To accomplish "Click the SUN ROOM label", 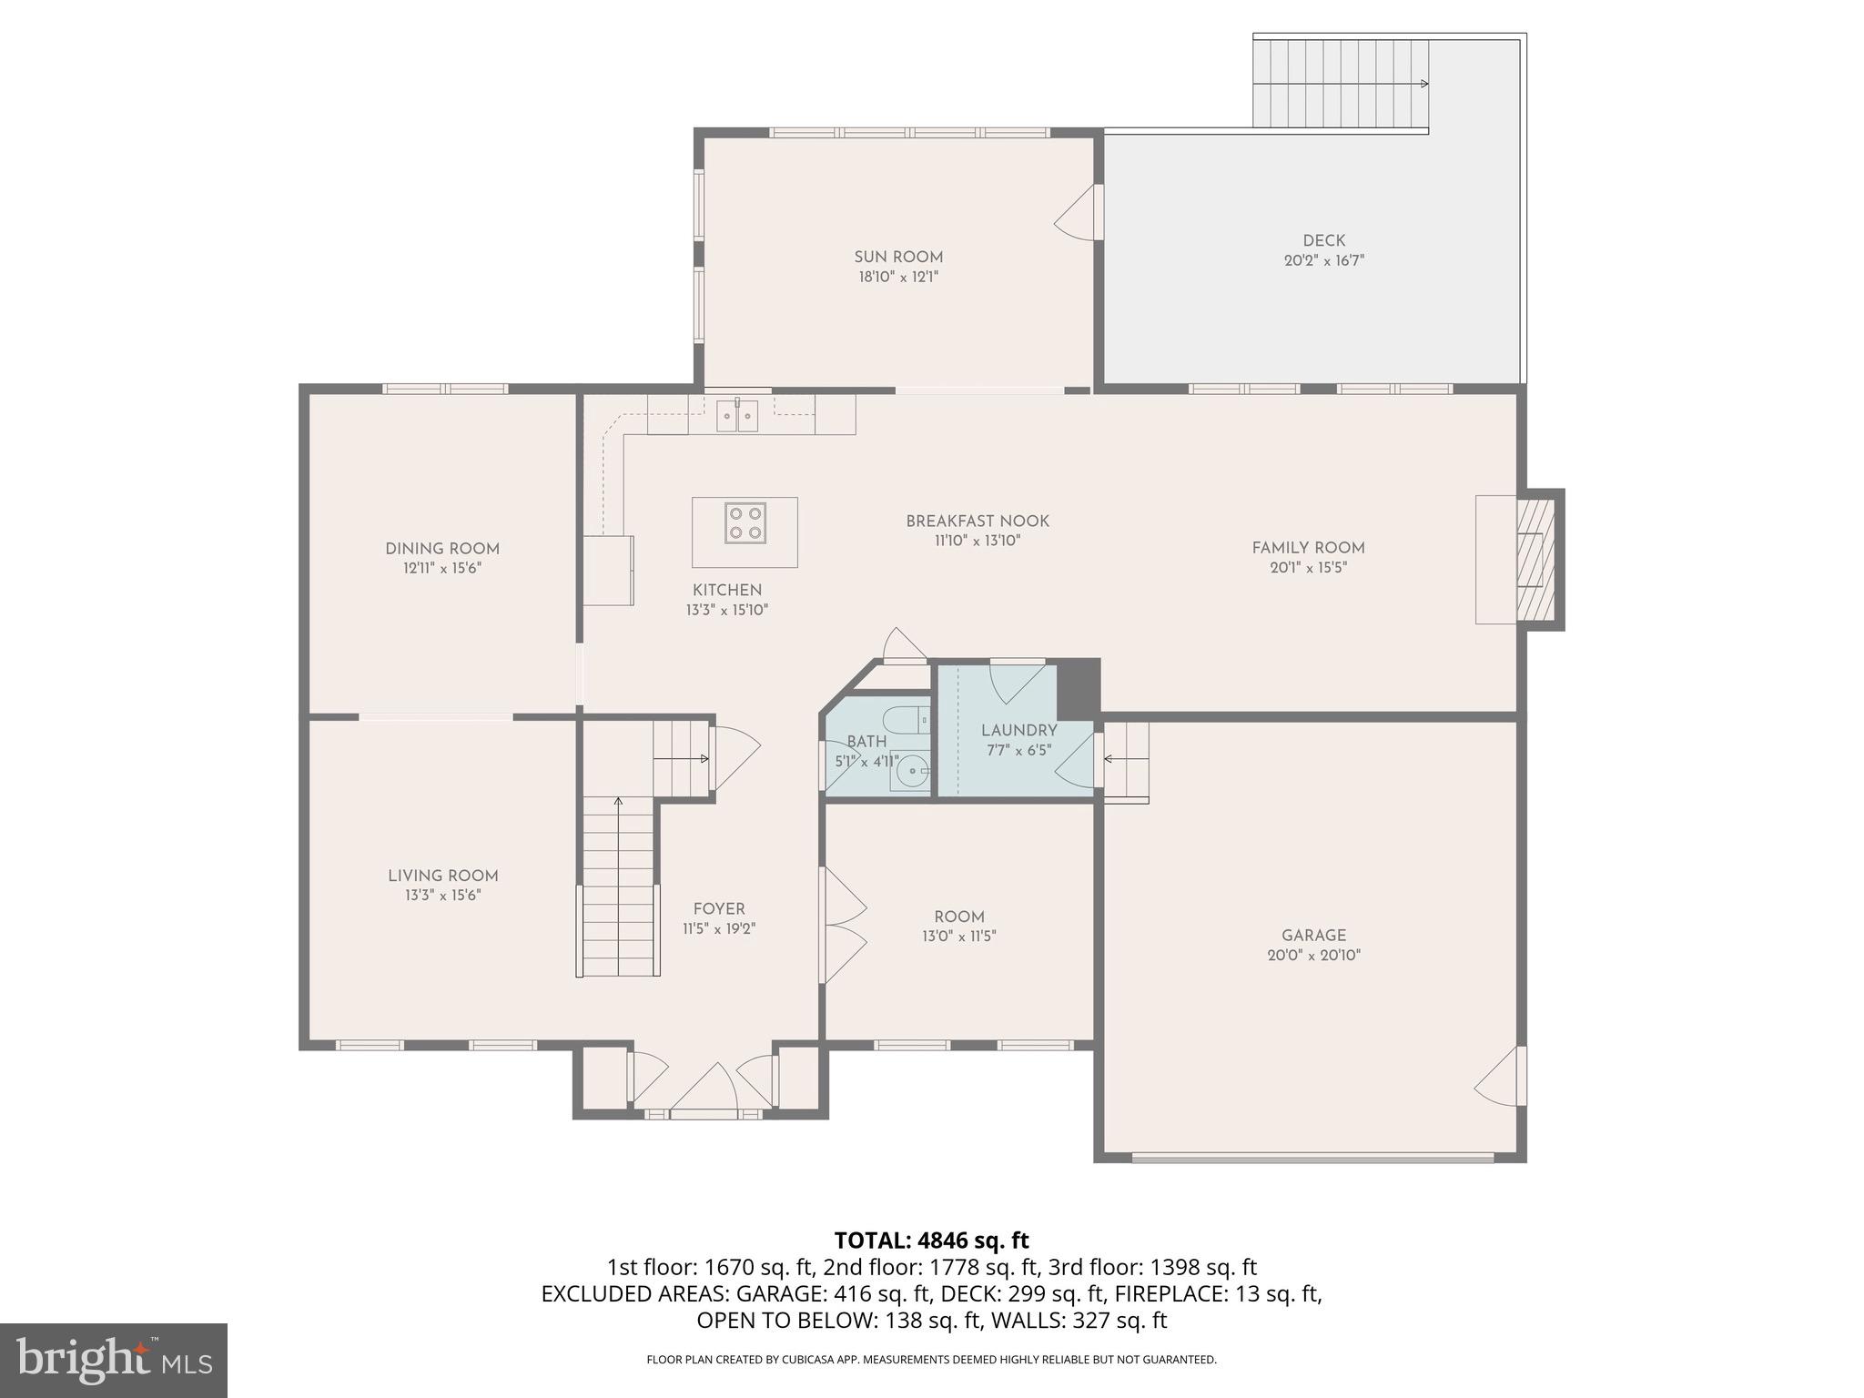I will (x=897, y=257).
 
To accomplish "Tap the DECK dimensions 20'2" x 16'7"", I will (x=1323, y=260).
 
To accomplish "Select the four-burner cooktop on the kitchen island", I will (x=745, y=522).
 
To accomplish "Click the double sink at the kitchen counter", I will (x=737, y=417).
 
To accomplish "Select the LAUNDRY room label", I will (x=1018, y=730).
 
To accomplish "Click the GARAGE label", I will (x=1312, y=935).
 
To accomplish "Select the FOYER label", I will (x=718, y=908).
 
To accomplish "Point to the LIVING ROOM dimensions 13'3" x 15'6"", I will (x=442, y=896).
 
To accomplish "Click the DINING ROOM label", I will (x=441, y=548).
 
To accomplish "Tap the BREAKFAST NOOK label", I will (x=977, y=521).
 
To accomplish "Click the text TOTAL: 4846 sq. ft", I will (x=931, y=1240).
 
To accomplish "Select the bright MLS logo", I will (x=113, y=1360).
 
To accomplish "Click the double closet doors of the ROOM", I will (x=843, y=926).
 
